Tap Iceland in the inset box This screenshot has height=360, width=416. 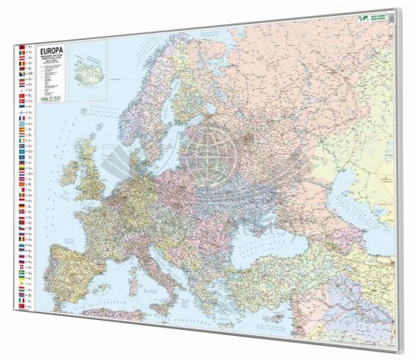87,66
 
